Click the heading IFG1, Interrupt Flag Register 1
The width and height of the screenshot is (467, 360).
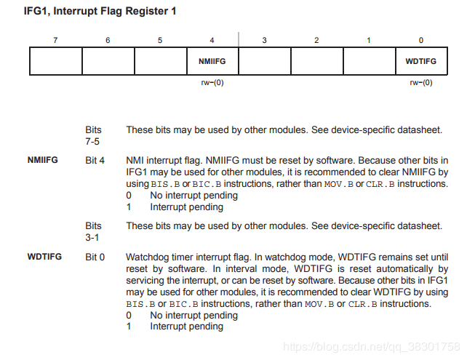click(100, 12)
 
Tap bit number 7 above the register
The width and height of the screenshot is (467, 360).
click(55, 40)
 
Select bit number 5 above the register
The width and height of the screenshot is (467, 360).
click(160, 40)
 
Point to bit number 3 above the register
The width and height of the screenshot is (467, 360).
click(265, 40)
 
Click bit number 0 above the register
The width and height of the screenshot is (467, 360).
click(421, 40)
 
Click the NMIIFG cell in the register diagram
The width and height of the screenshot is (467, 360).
click(212, 61)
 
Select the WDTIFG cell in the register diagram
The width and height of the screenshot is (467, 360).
click(421, 61)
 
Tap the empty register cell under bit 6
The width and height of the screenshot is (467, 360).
click(108, 61)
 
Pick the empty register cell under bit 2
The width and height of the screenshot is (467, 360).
click(317, 61)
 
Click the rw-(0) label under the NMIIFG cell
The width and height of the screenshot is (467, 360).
click(212, 82)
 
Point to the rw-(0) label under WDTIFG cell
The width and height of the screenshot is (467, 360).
click(421, 82)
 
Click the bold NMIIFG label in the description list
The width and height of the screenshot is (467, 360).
click(43, 160)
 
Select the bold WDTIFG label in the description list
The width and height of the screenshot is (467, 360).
click(44, 257)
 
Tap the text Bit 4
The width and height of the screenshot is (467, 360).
click(95, 161)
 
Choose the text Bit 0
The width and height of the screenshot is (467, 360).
click(95, 257)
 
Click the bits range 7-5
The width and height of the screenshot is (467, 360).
click(92, 141)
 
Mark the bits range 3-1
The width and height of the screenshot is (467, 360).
click(92, 238)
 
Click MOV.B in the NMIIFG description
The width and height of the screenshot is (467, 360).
click(339, 184)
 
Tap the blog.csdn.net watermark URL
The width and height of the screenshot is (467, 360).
click(372, 347)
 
